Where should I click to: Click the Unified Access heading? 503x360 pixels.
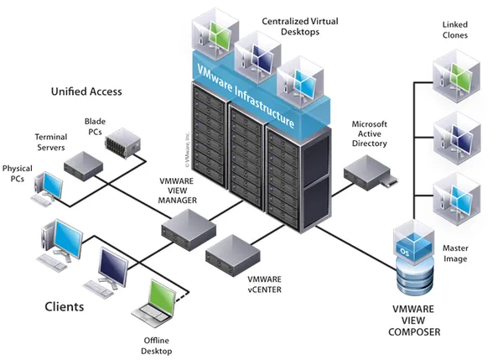pos(86,91)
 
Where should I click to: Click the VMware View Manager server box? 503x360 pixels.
pos(188,227)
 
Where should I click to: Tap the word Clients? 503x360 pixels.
pos(64,307)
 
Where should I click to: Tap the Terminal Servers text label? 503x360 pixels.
pos(50,142)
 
